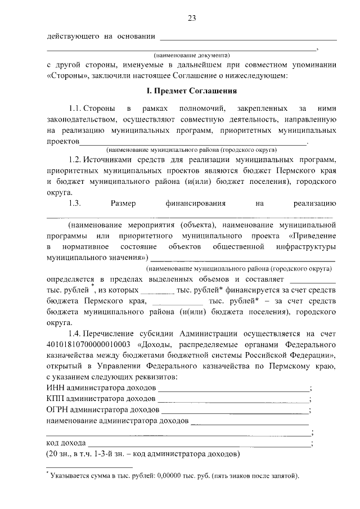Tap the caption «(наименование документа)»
click(192, 56)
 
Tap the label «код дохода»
click(66, 443)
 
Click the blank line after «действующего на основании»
click(249, 38)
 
